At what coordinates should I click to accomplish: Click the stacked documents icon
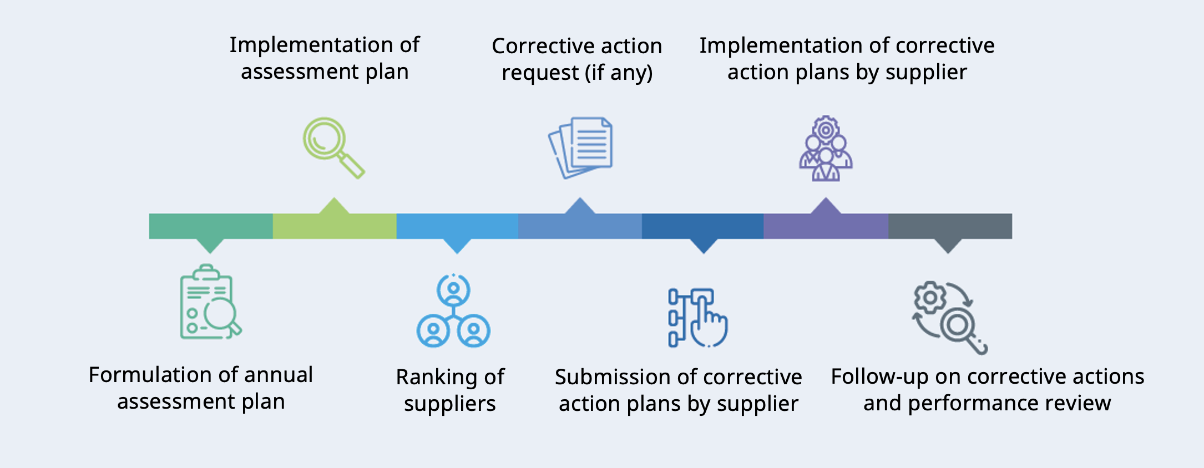click(x=581, y=147)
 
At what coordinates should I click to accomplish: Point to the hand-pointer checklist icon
click(x=697, y=318)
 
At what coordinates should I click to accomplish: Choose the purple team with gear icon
click(x=826, y=149)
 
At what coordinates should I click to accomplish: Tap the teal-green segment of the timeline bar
click(x=211, y=226)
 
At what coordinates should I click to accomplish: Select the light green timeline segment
click(x=335, y=226)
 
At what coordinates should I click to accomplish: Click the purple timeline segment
click(x=826, y=226)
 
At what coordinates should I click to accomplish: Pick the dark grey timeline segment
click(x=950, y=226)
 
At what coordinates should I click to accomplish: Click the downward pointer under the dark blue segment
click(x=704, y=246)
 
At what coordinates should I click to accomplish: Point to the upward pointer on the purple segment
click(x=826, y=206)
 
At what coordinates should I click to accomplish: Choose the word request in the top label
click(x=540, y=73)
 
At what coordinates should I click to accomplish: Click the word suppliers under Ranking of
click(x=450, y=404)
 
